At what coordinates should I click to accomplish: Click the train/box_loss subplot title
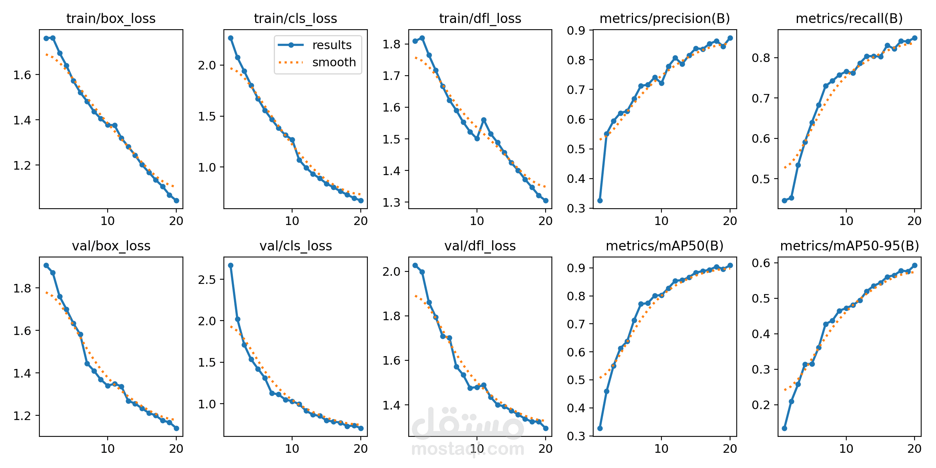coord(111,18)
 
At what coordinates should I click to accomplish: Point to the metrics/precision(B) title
coord(665,18)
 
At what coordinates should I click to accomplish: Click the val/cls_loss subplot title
coord(296,246)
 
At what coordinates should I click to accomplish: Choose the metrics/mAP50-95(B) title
coord(849,246)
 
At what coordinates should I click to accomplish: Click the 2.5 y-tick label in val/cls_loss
coord(207,280)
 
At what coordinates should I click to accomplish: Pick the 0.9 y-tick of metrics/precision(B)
coord(576,30)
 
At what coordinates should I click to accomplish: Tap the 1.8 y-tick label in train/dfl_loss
coord(392,44)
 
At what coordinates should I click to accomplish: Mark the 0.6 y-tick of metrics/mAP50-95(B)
coord(761,263)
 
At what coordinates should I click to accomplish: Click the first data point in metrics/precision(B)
coord(600,200)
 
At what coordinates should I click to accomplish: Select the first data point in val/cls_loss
coord(230,265)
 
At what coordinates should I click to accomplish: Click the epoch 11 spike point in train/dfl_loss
coord(484,120)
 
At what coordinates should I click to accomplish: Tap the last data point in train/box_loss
coord(176,200)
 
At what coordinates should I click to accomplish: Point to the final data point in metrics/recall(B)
coord(915,38)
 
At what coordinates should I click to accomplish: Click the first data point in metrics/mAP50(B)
coord(600,428)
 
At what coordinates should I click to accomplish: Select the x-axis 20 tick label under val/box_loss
coord(176,449)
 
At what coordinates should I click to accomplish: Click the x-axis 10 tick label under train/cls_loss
coord(292,221)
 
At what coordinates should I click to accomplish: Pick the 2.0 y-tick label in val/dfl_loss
coord(392,271)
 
